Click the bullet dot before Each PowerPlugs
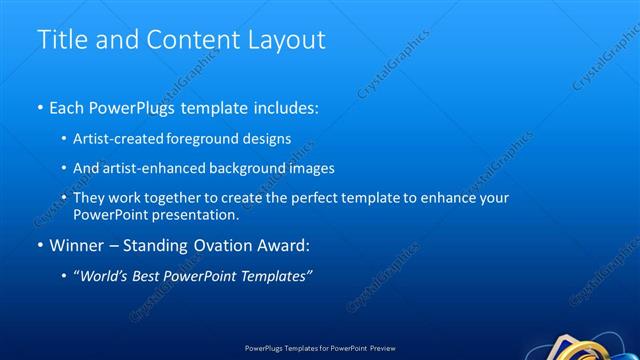[x=40, y=106]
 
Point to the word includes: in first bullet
[x=283, y=106]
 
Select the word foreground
[x=194, y=138]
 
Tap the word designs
[x=261, y=138]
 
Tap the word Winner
[x=77, y=245]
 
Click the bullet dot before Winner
[x=40, y=245]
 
